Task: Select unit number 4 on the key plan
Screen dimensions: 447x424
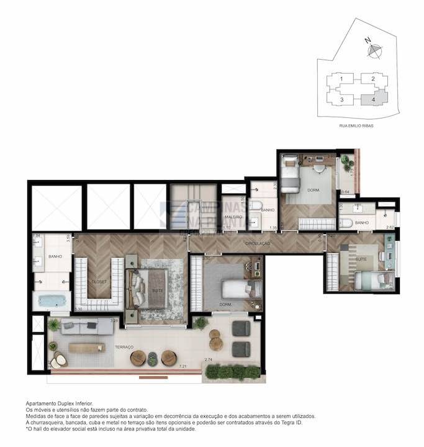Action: click(x=372, y=99)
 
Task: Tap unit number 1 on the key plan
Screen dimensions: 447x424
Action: click(x=341, y=79)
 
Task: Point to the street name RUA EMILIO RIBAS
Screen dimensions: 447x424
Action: click(x=356, y=126)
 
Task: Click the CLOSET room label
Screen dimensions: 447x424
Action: click(x=99, y=281)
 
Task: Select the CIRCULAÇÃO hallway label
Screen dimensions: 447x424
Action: click(x=256, y=244)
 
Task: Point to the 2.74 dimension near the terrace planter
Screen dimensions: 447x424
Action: click(x=209, y=360)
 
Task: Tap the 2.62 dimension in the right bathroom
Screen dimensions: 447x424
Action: click(x=389, y=228)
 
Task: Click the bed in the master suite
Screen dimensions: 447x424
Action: click(x=151, y=290)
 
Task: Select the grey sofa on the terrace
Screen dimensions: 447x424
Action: click(x=79, y=325)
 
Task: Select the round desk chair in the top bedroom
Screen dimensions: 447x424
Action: click(x=318, y=166)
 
